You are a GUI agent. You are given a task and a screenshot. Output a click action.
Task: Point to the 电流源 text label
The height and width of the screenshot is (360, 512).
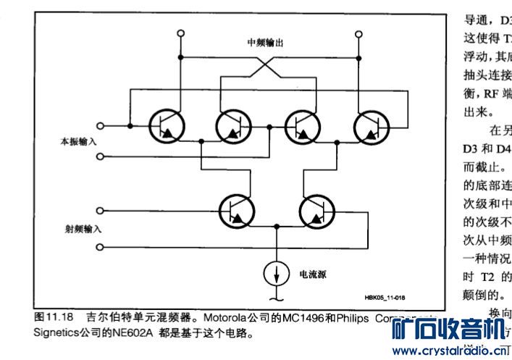312,275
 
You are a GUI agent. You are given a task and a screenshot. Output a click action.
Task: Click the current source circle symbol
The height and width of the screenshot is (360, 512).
276,275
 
